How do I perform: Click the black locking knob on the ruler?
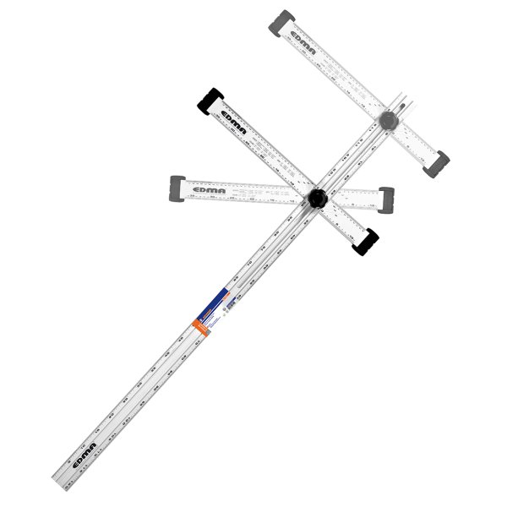click(318, 199)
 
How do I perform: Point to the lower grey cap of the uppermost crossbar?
click(439, 161)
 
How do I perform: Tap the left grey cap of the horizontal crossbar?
click(178, 186)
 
